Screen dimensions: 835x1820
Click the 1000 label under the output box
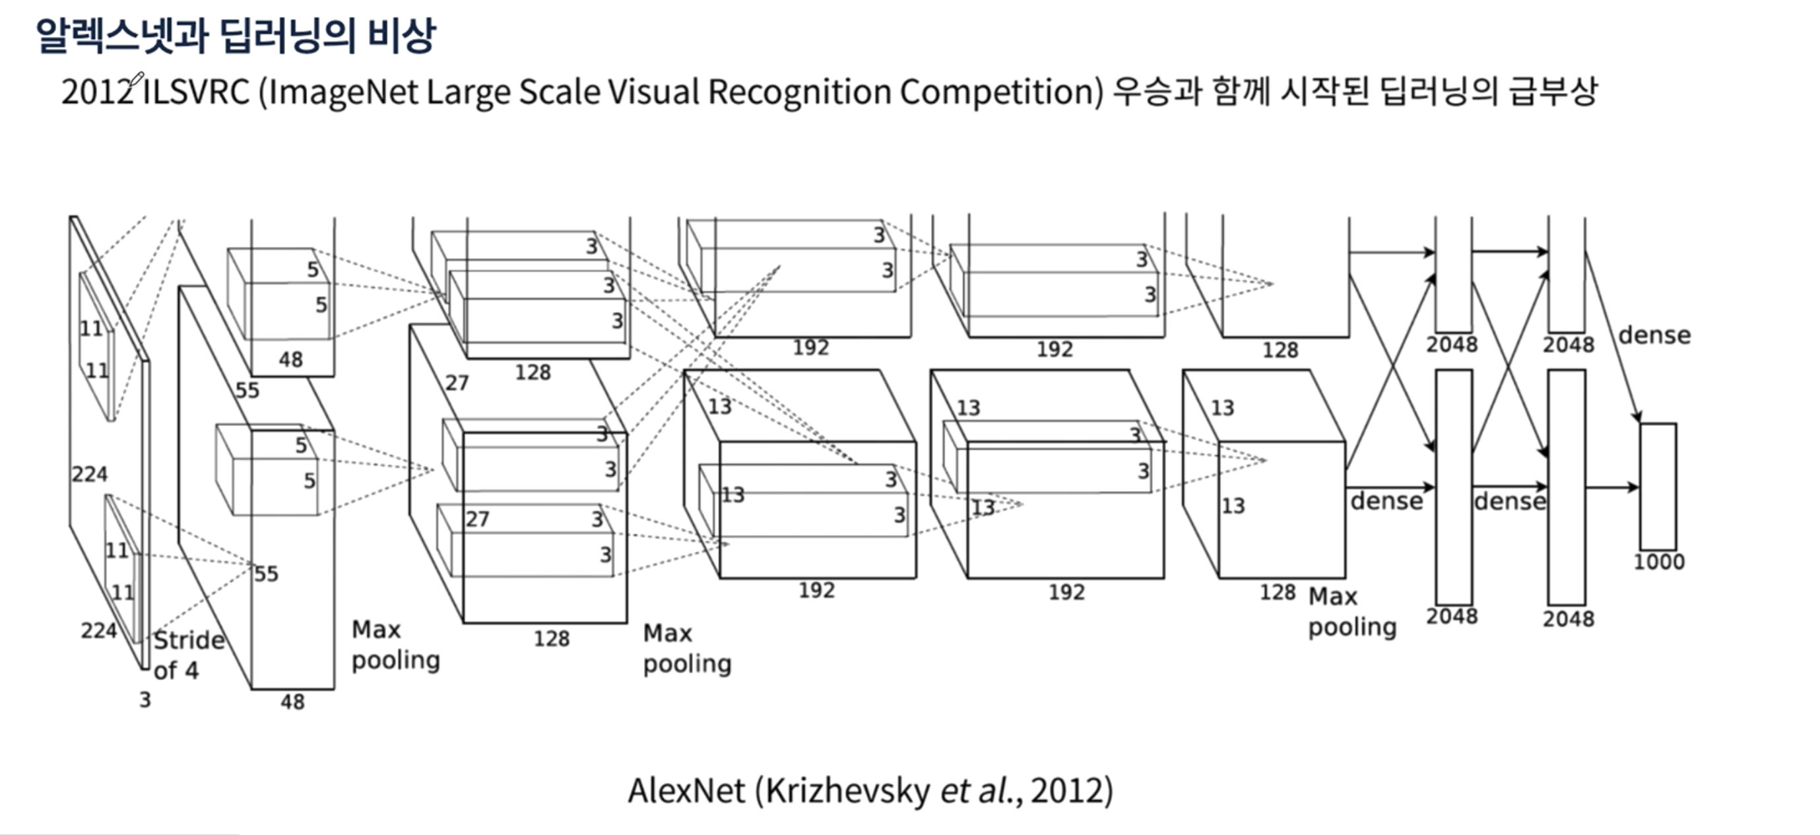pyautogui.click(x=1658, y=562)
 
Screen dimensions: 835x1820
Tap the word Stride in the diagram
pyautogui.click(x=189, y=640)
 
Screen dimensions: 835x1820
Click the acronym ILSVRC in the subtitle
pyautogui.click(x=197, y=92)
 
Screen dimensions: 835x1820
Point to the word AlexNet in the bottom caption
pyautogui.click(x=686, y=791)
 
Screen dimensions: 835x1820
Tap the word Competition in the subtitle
pyautogui.click(x=1000, y=92)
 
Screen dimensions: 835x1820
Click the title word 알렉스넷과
pyautogui.click(x=121, y=36)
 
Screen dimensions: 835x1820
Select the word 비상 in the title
pyautogui.click(x=401, y=36)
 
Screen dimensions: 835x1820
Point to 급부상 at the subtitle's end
pyautogui.click(x=1552, y=92)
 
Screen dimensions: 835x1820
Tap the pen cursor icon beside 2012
pyautogui.click(x=136, y=79)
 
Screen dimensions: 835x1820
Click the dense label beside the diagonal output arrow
pyautogui.click(x=1654, y=335)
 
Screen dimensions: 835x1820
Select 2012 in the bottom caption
pyautogui.click(x=1071, y=791)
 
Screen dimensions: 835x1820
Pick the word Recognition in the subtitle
pyautogui.click(x=799, y=92)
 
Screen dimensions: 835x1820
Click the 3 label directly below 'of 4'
pyautogui.click(x=145, y=700)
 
